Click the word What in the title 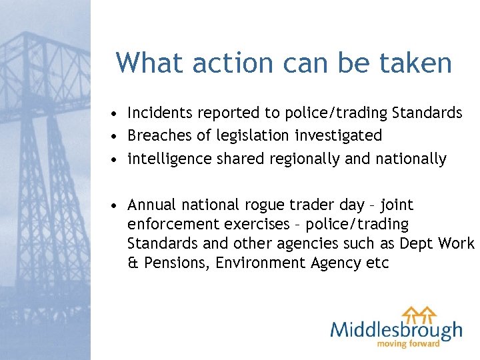[150, 63]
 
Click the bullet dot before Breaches [116, 137]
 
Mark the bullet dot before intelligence [116, 159]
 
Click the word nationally [413, 159]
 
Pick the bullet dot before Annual [116, 205]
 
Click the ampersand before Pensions [132, 263]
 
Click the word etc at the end [377, 263]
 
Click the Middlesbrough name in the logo [395, 330]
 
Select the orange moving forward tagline [409, 344]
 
